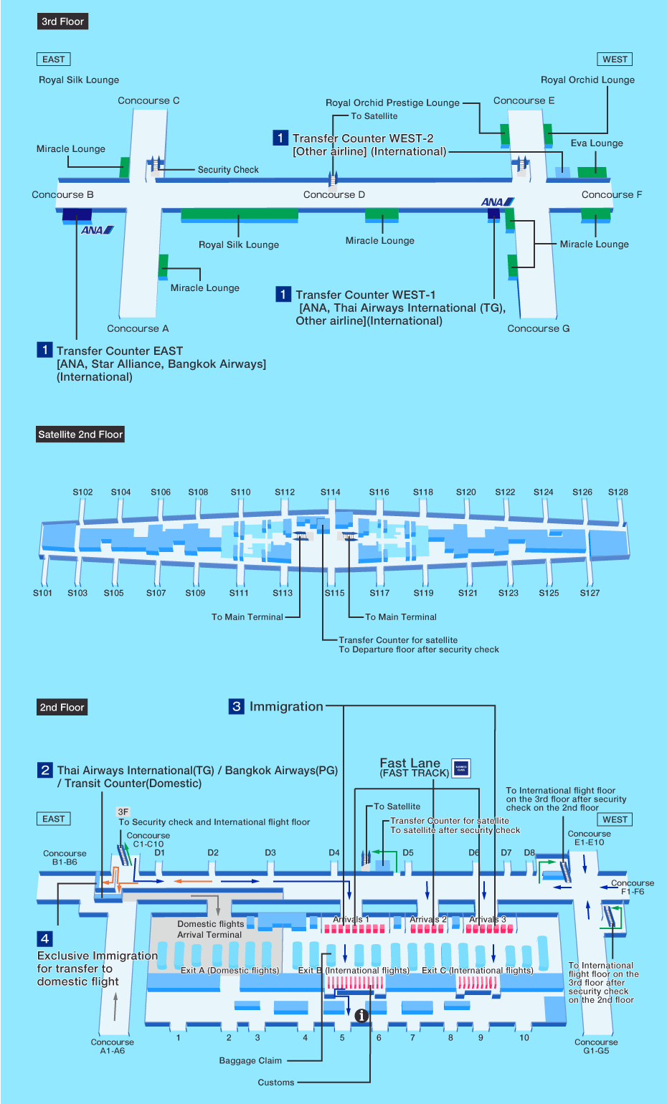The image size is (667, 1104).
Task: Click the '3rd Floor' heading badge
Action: (x=62, y=22)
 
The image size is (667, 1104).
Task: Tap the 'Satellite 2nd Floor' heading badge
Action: (x=80, y=434)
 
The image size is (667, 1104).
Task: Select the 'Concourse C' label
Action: (x=148, y=101)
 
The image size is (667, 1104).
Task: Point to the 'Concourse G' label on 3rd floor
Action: (x=538, y=328)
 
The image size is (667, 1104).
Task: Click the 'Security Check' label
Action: (x=228, y=170)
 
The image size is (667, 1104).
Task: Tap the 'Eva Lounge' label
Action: (x=597, y=143)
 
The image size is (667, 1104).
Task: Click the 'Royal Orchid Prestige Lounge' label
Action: (x=392, y=103)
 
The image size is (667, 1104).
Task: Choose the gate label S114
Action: (x=330, y=492)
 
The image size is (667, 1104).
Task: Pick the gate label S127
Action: (x=590, y=593)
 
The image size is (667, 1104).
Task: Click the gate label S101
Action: (x=42, y=593)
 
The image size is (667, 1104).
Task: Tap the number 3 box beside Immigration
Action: (x=236, y=706)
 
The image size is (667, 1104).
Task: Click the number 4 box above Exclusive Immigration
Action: (x=44, y=938)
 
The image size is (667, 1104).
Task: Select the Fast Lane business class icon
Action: (x=461, y=768)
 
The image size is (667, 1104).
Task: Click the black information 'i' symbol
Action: (x=361, y=1015)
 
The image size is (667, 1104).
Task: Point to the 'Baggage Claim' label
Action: (x=250, y=1061)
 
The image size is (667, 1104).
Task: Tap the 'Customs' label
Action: (x=276, y=1082)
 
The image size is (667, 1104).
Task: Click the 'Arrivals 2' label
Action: (x=427, y=919)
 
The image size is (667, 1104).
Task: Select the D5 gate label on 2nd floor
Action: (x=408, y=853)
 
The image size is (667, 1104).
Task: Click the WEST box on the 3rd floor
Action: (x=615, y=60)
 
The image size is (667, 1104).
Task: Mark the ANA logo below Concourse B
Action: (x=97, y=230)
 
